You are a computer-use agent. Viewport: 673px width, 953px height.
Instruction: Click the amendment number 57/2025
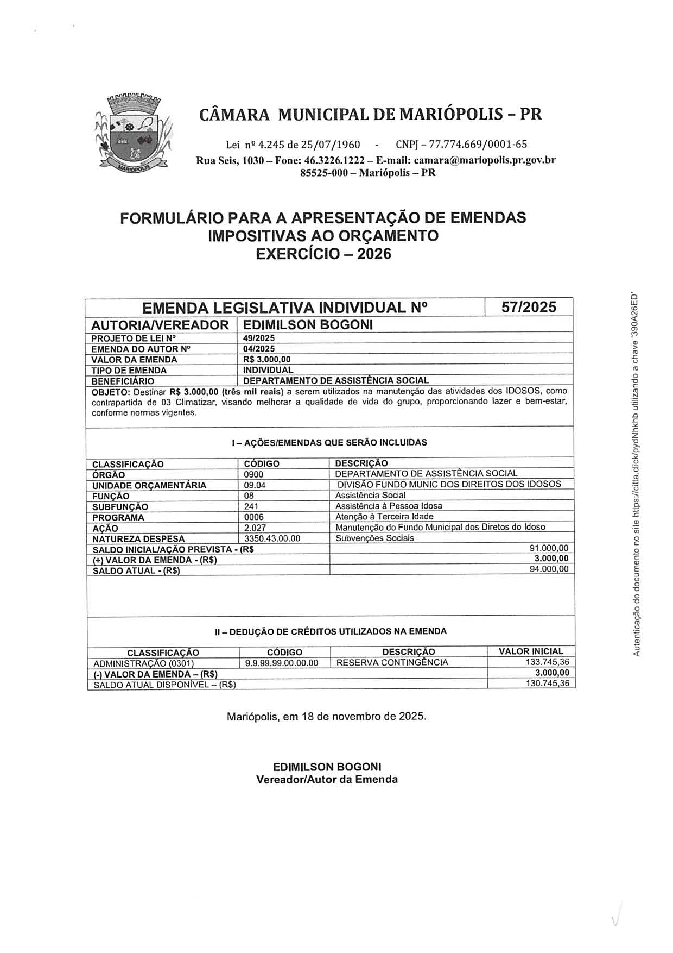[528, 307]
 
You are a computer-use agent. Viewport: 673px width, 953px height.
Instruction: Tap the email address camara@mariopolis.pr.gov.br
[484, 160]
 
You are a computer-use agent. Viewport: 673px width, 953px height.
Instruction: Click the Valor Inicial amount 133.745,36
[547, 662]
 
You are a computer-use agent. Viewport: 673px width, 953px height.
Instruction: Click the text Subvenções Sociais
[374, 538]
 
